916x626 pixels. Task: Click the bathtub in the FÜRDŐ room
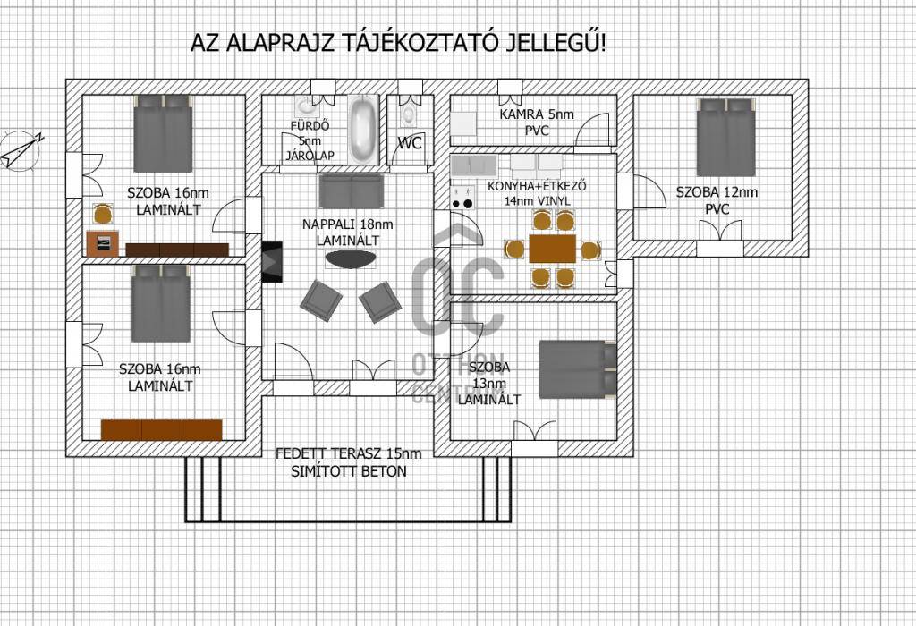tap(362, 130)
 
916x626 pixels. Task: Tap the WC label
tap(410, 143)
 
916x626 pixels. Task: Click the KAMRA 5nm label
tap(537, 114)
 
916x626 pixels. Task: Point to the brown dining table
tap(552, 249)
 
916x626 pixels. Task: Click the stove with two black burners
tap(462, 197)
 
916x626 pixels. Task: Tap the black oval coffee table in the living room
tap(351, 259)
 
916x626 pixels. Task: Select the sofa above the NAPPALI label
tap(351, 190)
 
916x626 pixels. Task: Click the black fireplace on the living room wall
tap(272, 262)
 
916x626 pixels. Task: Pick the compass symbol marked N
tap(21, 150)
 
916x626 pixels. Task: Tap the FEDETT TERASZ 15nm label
tap(348, 453)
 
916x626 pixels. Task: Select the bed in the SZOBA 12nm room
tap(726, 137)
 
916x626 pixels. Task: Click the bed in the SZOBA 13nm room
tap(577, 369)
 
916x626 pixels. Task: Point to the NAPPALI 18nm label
tap(348, 224)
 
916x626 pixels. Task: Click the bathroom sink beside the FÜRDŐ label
tap(306, 106)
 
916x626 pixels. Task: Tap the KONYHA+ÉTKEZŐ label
tap(537, 186)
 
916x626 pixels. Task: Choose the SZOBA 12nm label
tap(717, 192)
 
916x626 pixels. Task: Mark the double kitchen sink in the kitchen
tap(473, 165)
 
